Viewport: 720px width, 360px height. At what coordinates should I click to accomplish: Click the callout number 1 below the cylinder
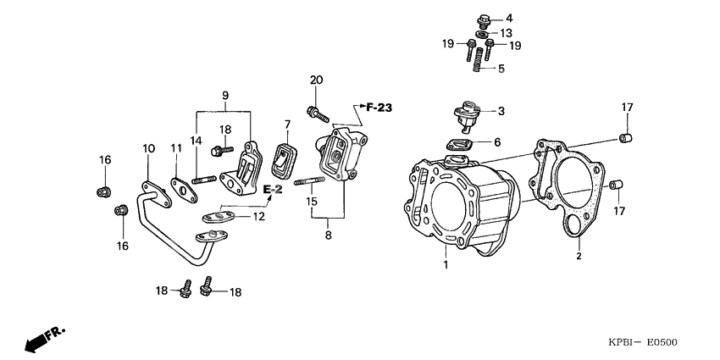point(445,266)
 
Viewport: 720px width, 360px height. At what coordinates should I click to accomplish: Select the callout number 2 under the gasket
point(579,256)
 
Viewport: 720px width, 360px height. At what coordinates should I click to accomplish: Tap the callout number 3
point(501,111)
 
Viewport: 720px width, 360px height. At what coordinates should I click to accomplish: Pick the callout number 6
point(496,141)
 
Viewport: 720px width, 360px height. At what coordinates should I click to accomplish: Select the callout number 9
point(224,97)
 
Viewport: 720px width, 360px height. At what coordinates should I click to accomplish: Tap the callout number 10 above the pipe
point(148,148)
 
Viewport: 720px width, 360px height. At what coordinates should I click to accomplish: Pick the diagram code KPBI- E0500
point(642,342)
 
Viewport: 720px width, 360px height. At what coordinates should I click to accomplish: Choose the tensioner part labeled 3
point(465,114)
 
